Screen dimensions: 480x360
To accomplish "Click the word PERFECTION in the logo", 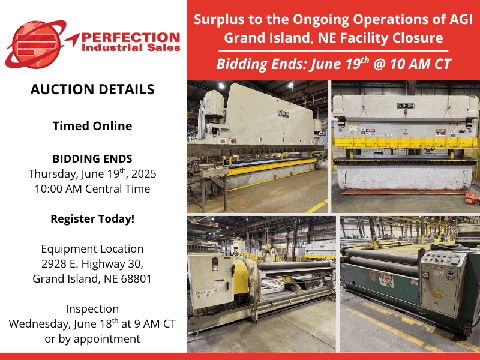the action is (x=131, y=38).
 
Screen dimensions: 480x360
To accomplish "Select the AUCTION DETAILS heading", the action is (x=92, y=89).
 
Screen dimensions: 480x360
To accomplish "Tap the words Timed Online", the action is (x=92, y=126).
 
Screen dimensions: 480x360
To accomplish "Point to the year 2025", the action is (x=144, y=173).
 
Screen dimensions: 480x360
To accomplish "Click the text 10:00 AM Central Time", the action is (x=92, y=188).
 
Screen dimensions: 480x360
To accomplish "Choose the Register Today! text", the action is (x=92, y=218).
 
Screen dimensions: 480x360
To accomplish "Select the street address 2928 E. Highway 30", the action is (x=92, y=264).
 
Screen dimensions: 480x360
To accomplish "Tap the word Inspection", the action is (x=92, y=309).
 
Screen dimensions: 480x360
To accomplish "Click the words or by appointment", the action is (x=92, y=339).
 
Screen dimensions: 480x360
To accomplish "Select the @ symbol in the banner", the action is (x=379, y=64).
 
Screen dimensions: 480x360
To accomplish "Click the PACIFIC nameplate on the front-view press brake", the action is (x=406, y=106).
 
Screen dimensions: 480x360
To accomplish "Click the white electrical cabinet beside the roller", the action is (x=211, y=281).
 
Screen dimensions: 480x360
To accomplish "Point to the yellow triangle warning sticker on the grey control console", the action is (x=437, y=293).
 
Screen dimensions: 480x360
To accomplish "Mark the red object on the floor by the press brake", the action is (x=472, y=199).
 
